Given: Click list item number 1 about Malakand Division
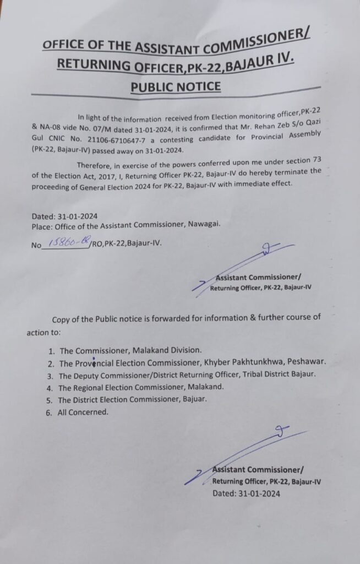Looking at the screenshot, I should pos(131,350).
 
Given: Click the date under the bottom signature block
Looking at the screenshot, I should pos(246,493).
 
